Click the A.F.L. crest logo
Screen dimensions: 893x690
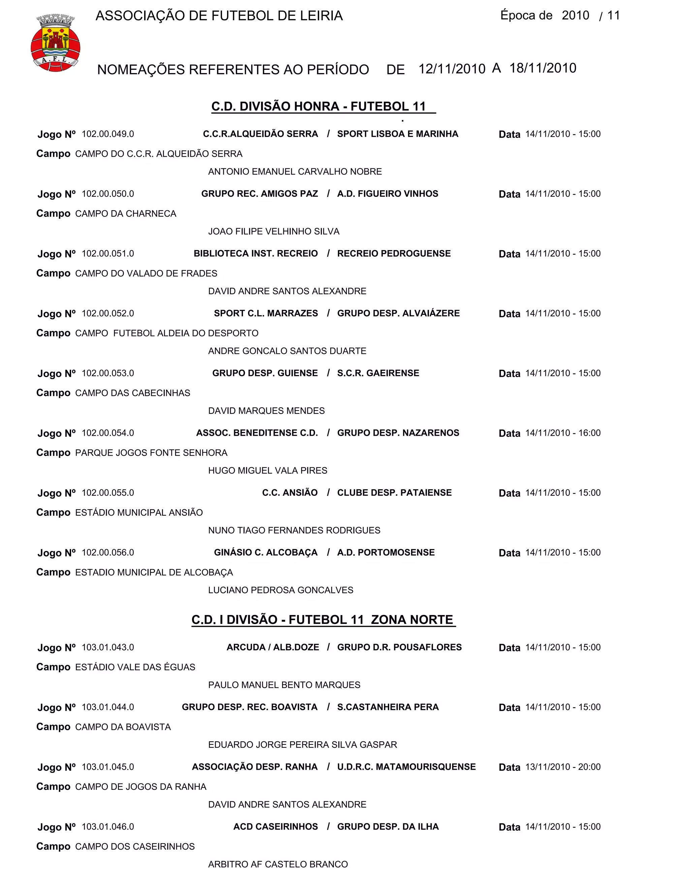[55, 43]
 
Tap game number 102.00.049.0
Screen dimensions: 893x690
[108, 134]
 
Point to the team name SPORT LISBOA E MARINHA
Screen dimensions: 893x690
[397, 134]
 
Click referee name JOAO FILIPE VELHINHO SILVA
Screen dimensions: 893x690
[274, 232]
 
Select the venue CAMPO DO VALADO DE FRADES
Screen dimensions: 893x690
[146, 273]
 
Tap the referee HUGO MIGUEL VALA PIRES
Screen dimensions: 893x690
[267, 471]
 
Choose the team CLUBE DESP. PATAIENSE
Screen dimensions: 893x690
[394, 493]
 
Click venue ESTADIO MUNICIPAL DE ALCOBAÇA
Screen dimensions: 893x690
[154, 573]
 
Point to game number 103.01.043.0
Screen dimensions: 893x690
[108, 647]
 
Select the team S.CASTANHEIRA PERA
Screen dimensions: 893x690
[387, 707]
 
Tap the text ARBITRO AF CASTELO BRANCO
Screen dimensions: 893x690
[278, 864]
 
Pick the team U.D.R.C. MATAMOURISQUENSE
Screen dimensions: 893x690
[406, 767]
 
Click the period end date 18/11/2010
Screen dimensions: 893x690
[542, 68]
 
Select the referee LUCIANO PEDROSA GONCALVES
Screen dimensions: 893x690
[280, 590]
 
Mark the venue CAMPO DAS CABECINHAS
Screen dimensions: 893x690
[132, 393]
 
